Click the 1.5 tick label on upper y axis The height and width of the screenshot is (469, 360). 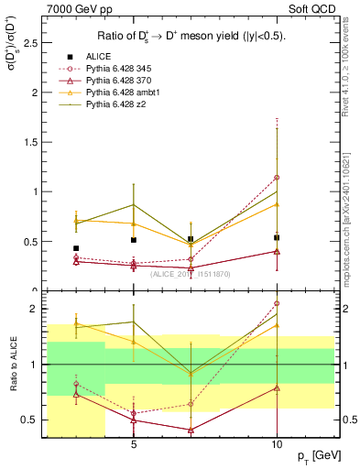coord(31,142)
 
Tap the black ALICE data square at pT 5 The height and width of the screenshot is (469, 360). coord(134,240)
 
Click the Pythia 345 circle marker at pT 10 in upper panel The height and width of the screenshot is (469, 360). coord(277,178)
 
